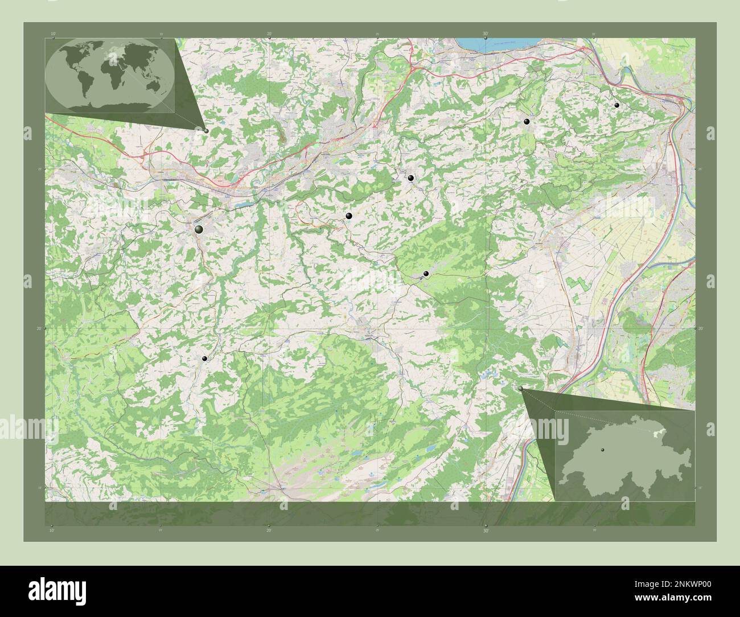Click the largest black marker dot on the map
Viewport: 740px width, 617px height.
(x=199, y=229)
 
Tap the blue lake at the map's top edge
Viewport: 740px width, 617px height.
(x=483, y=44)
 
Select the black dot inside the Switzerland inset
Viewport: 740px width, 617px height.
(x=601, y=449)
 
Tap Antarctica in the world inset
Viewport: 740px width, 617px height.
(x=114, y=105)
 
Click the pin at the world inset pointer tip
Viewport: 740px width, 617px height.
(x=205, y=130)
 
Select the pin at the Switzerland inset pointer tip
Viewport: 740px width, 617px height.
(x=520, y=388)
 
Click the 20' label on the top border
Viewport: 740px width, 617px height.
(x=269, y=34)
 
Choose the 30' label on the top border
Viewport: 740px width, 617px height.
(x=486, y=34)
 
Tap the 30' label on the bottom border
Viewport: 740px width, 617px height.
(x=486, y=530)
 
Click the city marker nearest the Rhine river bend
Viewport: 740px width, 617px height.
(x=616, y=105)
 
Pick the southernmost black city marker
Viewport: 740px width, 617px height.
(x=204, y=359)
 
